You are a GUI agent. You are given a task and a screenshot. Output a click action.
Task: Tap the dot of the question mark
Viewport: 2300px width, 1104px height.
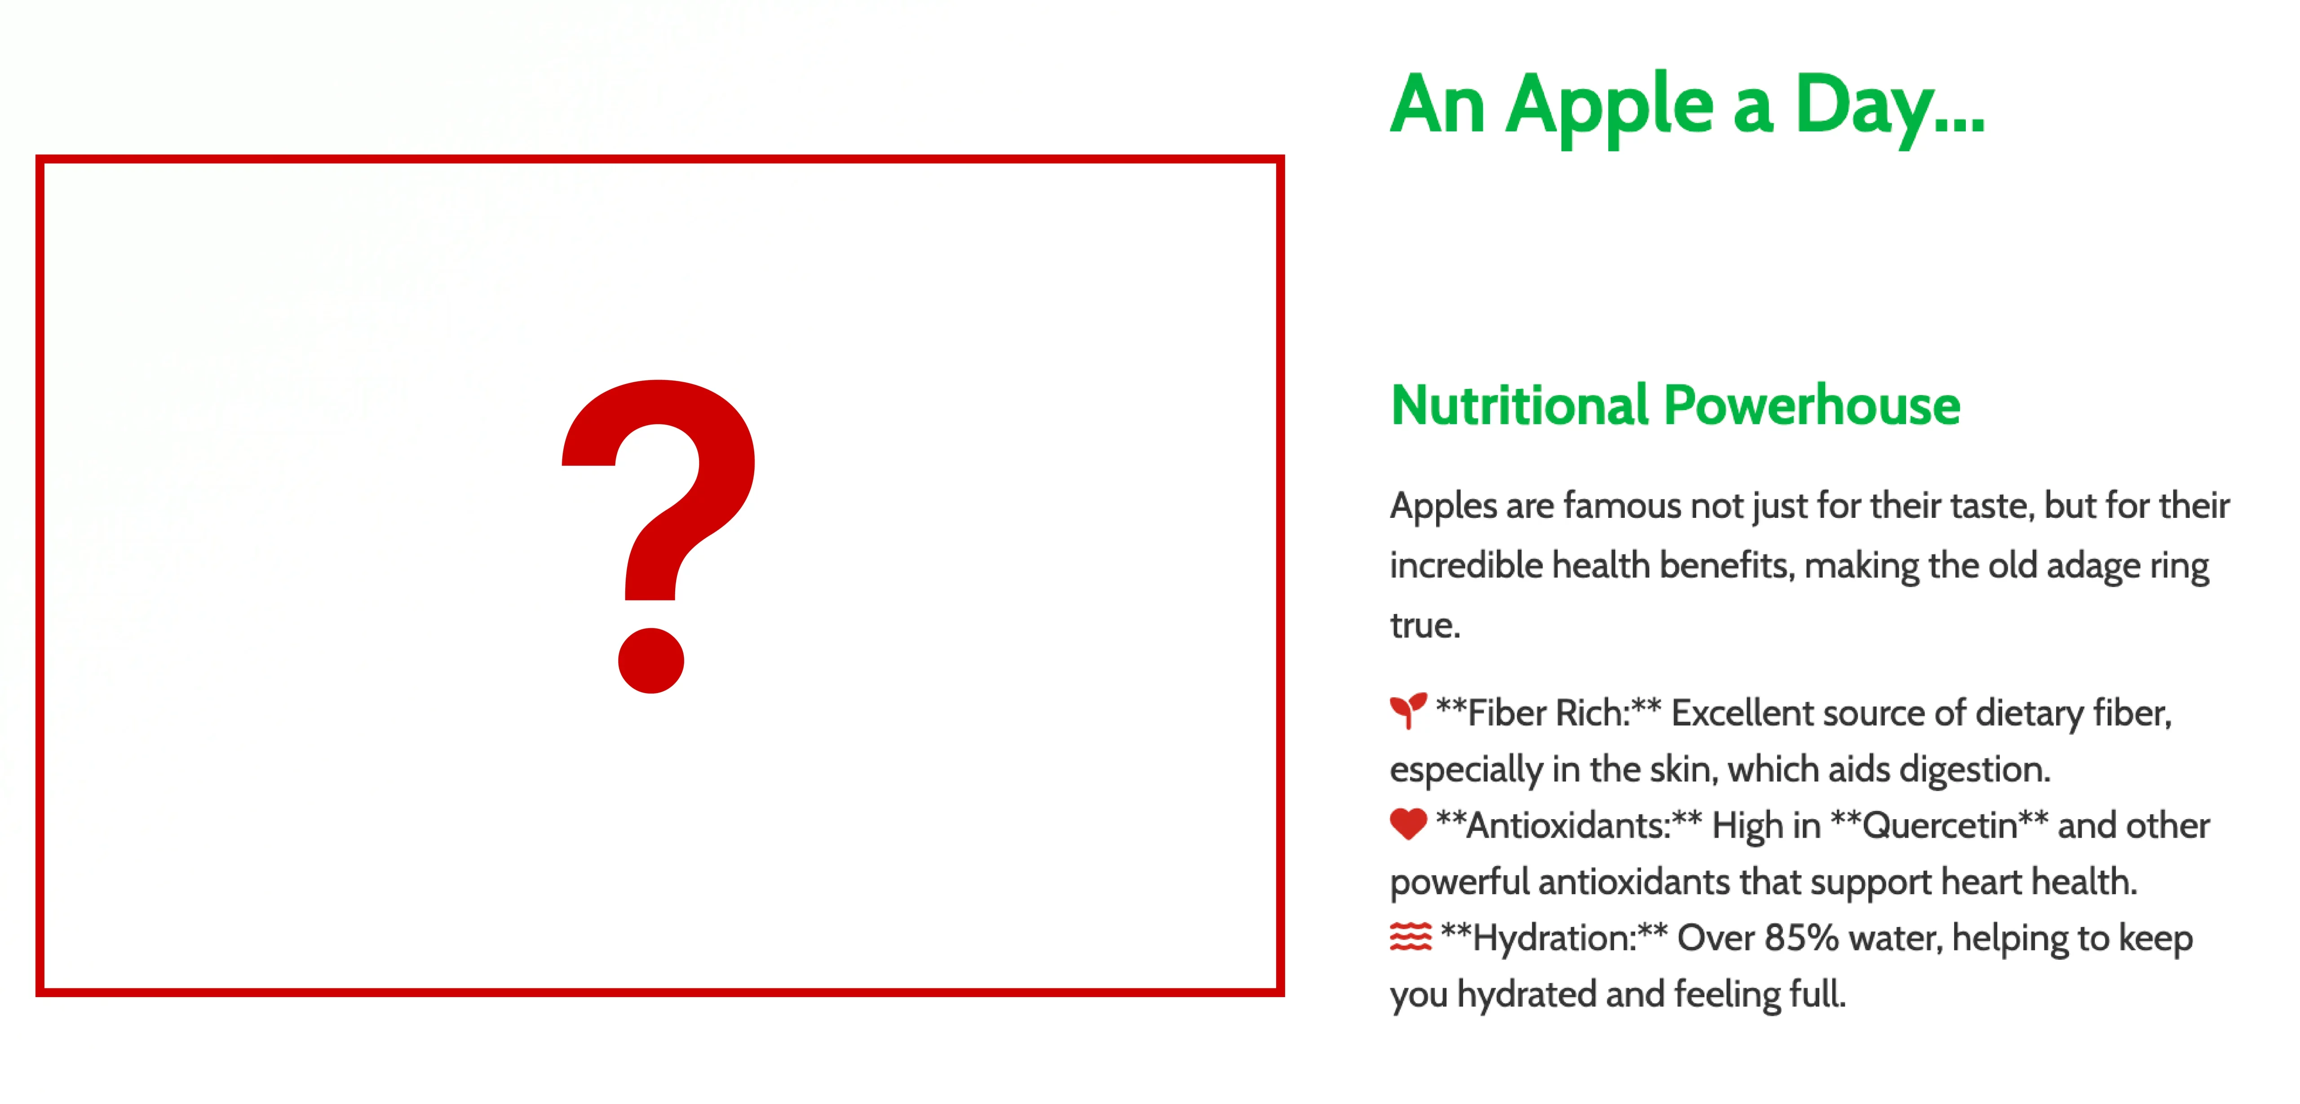point(651,660)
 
